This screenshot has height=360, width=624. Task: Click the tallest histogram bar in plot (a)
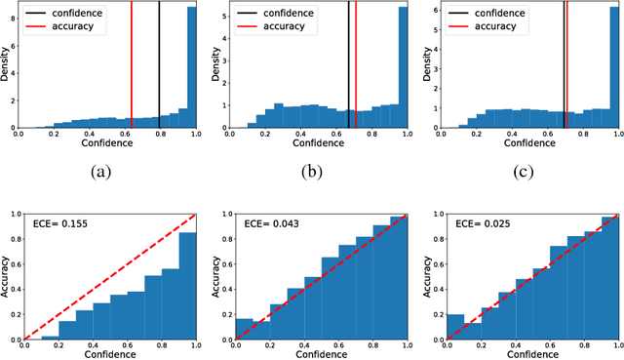191,68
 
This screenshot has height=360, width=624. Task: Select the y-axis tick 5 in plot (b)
223,16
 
